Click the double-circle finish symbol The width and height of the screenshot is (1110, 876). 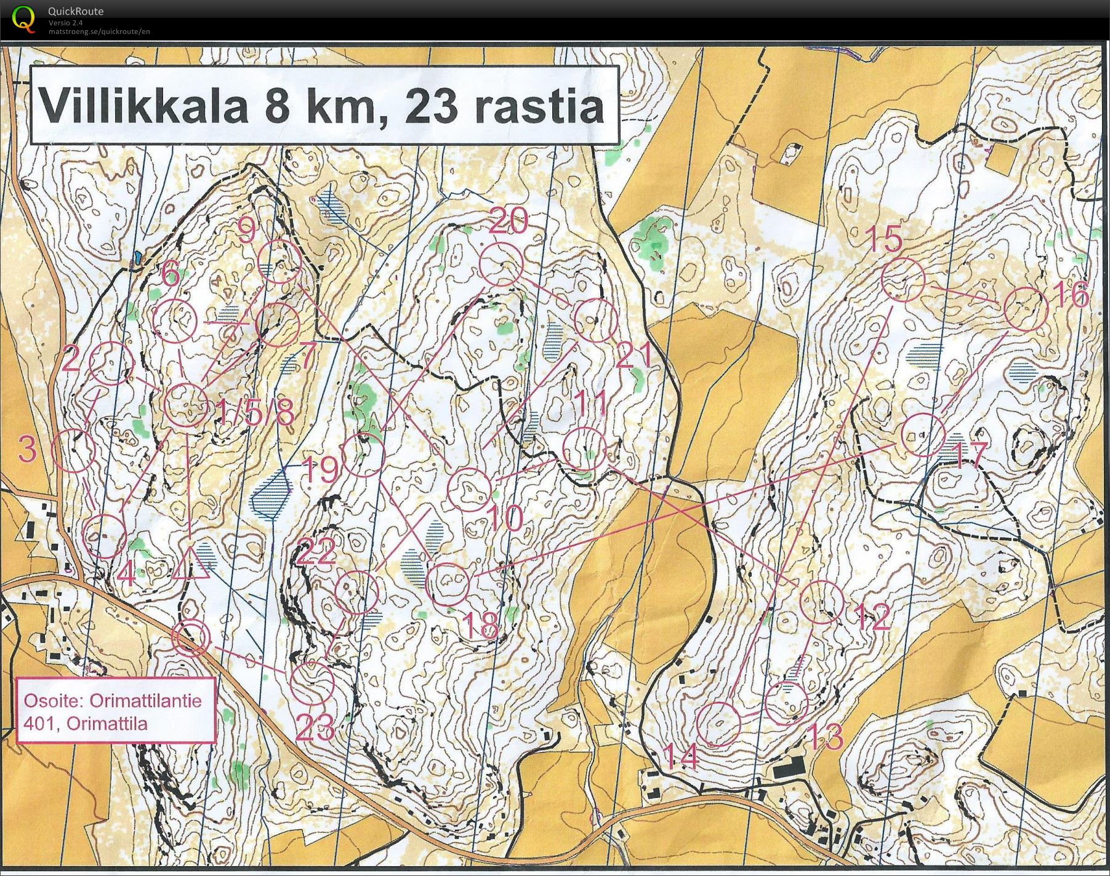click(191, 638)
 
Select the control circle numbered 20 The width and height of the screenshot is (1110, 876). click(501, 265)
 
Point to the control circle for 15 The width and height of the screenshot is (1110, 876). click(903, 279)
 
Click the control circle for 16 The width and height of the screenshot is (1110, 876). click(1026, 309)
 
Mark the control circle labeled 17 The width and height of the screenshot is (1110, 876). click(923, 435)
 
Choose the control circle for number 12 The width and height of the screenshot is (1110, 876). click(822, 602)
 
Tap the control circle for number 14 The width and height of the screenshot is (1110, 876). click(720, 723)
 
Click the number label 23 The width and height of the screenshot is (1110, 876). click(315, 729)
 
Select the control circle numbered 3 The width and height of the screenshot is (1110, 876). click(73, 451)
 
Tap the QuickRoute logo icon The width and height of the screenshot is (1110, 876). click(23, 17)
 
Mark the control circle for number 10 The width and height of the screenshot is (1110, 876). click(470, 490)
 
